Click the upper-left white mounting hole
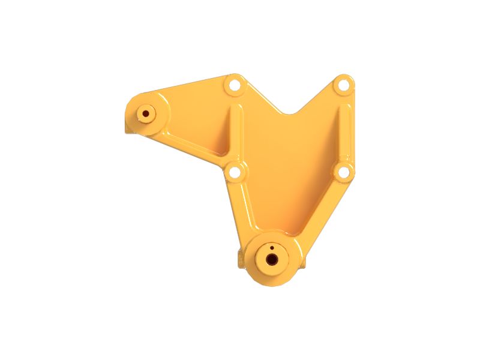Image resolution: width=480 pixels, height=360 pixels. [234, 86]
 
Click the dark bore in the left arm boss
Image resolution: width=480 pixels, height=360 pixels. [146, 113]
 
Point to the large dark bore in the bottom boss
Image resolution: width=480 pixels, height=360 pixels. [272, 260]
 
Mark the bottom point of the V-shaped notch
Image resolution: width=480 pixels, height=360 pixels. [292, 113]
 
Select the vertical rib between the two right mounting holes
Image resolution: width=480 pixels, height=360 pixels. [344, 129]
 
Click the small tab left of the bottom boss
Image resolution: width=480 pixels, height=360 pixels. [242, 259]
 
